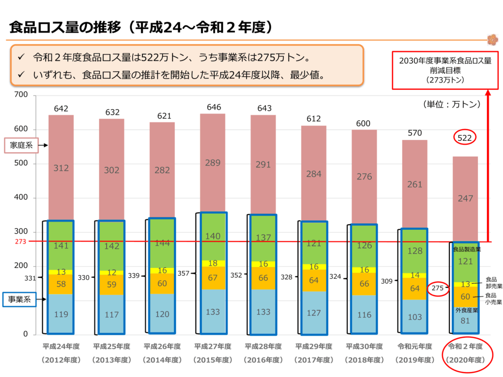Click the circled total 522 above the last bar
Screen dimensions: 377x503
pos(464,138)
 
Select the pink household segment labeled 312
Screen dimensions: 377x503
pos(61,168)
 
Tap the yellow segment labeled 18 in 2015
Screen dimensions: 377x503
pos(213,263)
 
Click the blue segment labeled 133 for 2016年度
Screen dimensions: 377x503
pos(263,312)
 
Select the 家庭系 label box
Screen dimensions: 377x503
pos(21,145)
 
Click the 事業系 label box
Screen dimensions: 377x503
pos(19,298)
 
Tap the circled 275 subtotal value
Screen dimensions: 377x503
pos(438,289)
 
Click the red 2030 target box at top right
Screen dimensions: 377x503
pos(445,70)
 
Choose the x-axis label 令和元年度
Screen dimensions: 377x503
pos(415,347)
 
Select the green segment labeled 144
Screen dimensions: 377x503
pos(162,242)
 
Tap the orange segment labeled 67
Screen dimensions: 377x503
pos(213,278)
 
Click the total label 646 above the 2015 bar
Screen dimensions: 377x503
pos(213,106)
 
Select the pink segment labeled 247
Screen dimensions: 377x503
pos(465,198)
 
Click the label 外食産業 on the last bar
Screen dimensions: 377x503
pos(465,310)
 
